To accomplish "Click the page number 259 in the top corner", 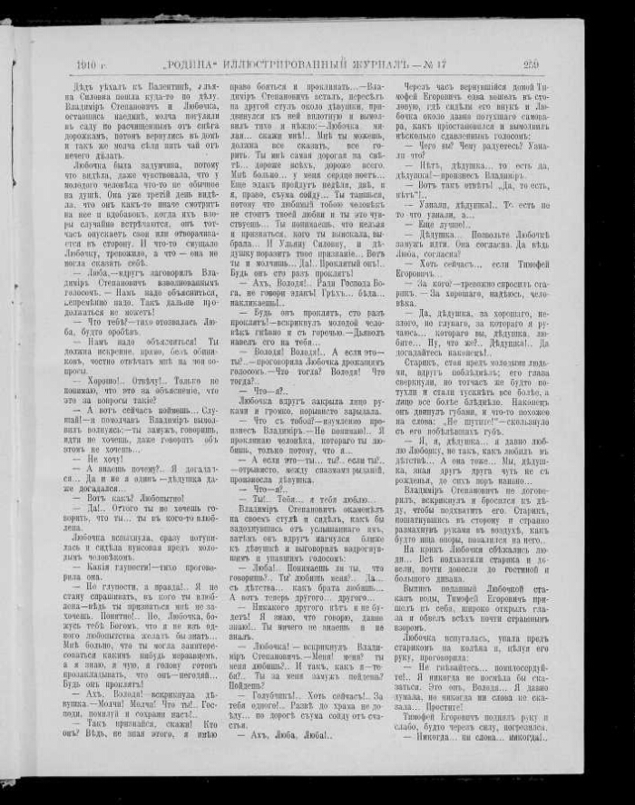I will [x=532, y=64].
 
